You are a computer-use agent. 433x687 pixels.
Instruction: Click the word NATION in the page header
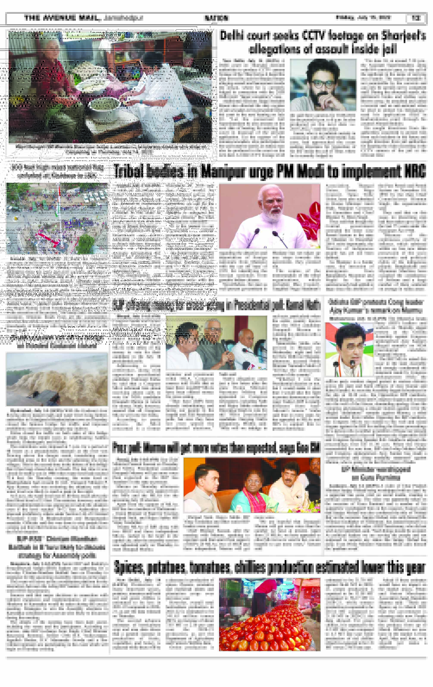pos(216,18)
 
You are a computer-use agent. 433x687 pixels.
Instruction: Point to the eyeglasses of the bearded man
pos(323,84)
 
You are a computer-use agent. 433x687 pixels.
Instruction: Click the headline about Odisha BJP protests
pos(376,306)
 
